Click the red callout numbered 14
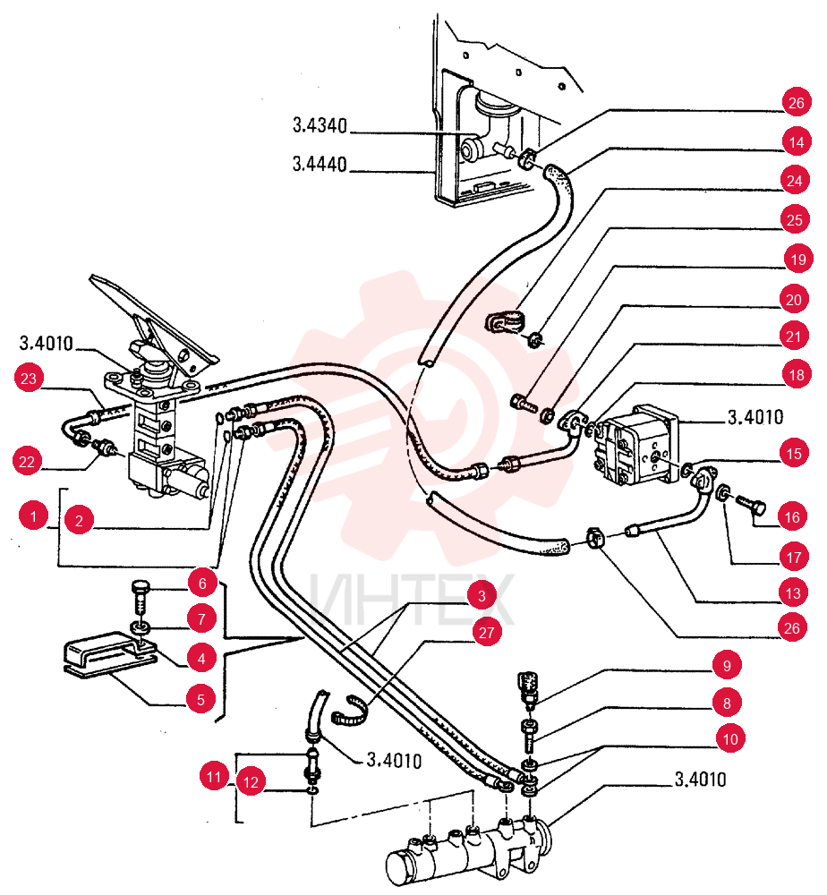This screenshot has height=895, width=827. [x=797, y=141]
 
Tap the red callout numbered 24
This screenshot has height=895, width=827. [x=795, y=181]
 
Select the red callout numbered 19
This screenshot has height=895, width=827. [x=797, y=260]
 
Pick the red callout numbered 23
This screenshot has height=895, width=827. [x=29, y=378]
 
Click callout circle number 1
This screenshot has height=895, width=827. [x=34, y=516]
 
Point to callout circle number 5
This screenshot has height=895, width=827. [x=200, y=699]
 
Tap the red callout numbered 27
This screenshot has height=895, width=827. [x=486, y=633]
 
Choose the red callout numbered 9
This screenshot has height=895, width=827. [x=727, y=665]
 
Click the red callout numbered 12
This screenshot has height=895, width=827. [x=252, y=781]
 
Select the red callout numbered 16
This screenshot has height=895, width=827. [x=792, y=517]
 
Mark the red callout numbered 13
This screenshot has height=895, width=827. [x=793, y=593]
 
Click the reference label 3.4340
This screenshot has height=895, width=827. [x=320, y=125]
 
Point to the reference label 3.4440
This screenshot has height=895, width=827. [x=320, y=165]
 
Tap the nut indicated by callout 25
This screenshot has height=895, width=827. [x=535, y=340]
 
